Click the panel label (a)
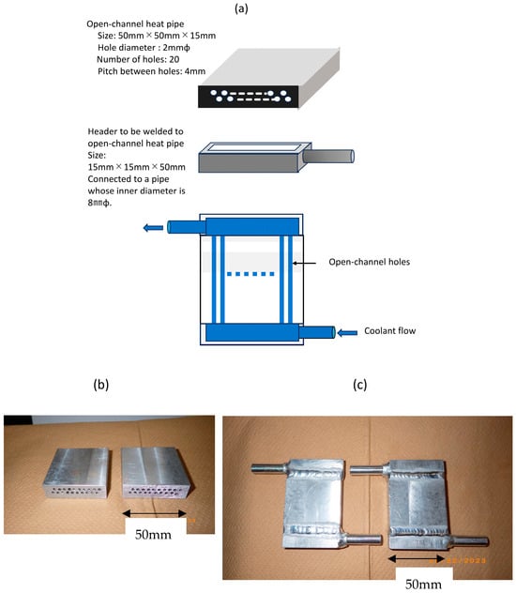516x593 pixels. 241,8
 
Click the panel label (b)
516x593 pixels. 101,385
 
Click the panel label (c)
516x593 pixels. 359,385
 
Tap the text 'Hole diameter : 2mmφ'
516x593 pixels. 144,48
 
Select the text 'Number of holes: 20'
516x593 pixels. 138,59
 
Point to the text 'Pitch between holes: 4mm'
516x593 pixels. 152,71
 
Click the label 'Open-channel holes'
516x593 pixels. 370,262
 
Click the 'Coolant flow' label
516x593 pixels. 389,331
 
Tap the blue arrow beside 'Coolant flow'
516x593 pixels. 347,333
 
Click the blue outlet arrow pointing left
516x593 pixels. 153,228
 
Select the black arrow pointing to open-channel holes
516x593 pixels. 304,263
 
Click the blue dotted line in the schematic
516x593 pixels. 250,274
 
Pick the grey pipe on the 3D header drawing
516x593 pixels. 328,156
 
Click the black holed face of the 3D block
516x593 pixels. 249,97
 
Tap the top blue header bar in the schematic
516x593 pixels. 252,226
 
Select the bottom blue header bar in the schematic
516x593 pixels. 252,333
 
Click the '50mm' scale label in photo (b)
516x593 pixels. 153,535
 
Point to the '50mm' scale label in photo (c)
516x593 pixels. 423,584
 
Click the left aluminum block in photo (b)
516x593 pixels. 76,473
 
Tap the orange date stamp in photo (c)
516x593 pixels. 458,560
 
